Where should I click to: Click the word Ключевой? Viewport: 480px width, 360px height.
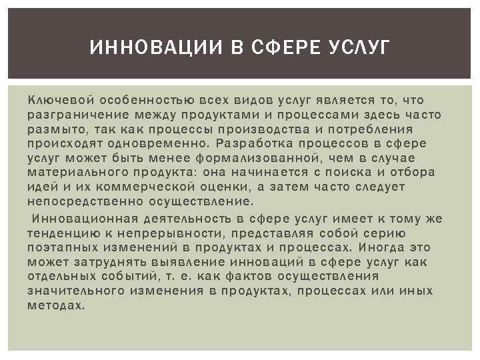point(58,100)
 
